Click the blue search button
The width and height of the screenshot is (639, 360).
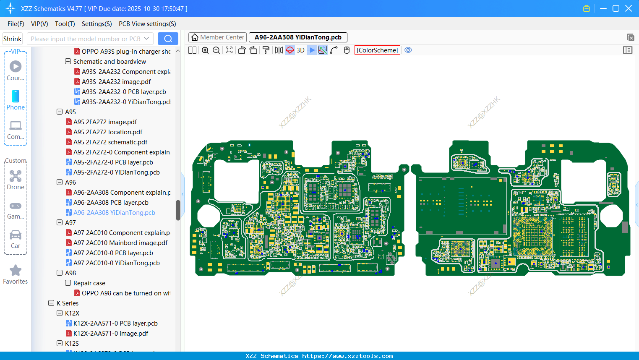click(x=168, y=39)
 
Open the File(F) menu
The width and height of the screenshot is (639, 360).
click(x=16, y=24)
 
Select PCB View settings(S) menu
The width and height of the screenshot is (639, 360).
click(x=147, y=24)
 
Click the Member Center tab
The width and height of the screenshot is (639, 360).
click(x=217, y=37)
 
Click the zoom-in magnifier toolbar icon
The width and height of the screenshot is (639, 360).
click(x=205, y=50)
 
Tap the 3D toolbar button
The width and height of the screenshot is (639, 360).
click(x=300, y=50)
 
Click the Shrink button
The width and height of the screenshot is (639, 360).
click(x=12, y=39)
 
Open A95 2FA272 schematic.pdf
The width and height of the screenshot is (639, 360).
click(x=110, y=142)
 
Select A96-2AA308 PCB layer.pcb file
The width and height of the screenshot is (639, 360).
click(x=111, y=203)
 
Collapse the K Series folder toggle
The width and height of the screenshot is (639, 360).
click(x=51, y=303)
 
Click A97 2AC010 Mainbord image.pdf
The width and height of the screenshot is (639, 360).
click(x=120, y=243)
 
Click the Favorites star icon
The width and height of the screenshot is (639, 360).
click(x=16, y=271)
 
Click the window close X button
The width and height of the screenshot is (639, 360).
click(x=628, y=8)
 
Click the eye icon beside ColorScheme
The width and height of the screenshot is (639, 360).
click(x=408, y=50)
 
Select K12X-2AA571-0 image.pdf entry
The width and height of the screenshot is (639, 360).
click(x=111, y=334)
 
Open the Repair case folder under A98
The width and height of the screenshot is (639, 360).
click(x=89, y=283)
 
